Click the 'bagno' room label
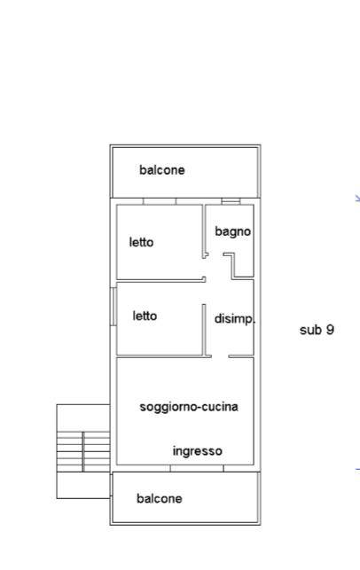click(x=232, y=231)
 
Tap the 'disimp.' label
click(x=235, y=318)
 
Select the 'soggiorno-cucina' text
click(x=189, y=407)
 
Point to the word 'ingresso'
click(x=197, y=451)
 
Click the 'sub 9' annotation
click(x=317, y=330)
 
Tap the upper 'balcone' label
click(x=161, y=170)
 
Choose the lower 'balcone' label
click(x=160, y=498)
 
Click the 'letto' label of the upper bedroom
click(x=141, y=242)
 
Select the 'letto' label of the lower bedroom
click(x=145, y=316)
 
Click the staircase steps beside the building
click(x=83, y=452)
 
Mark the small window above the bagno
click(x=231, y=201)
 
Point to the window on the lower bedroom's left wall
click(x=113, y=307)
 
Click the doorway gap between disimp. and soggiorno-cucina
click(x=220, y=356)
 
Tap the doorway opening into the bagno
click(x=215, y=255)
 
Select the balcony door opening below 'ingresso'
click(x=197, y=468)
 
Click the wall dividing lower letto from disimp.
click(x=204, y=330)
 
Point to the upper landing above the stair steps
click(x=83, y=418)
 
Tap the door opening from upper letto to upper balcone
click(x=160, y=201)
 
